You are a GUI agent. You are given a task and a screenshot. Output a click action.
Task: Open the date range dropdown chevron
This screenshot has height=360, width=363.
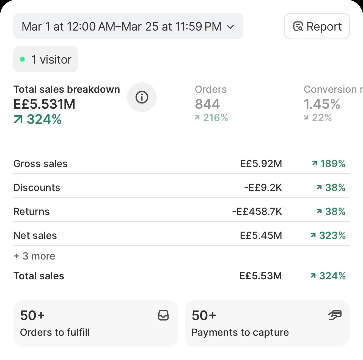click(x=230, y=27)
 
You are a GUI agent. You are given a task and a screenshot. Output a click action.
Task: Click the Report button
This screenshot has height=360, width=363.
click(x=317, y=26)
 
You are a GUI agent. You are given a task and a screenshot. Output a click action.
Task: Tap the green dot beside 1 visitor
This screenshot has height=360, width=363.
click(x=22, y=59)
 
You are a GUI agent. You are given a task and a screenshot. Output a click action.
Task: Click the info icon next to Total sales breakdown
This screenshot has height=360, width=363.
click(x=142, y=97)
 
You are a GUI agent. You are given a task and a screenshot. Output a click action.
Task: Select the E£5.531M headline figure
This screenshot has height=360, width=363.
click(x=44, y=104)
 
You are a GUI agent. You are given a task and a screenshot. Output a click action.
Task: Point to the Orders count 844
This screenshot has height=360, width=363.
click(x=207, y=104)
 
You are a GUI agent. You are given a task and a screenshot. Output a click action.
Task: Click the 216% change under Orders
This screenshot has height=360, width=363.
click(x=211, y=118)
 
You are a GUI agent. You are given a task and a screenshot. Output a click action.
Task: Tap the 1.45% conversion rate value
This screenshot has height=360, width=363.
click(x=322, y=104)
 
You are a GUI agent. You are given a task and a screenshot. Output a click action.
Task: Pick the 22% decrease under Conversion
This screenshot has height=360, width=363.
click(x=318, y=118)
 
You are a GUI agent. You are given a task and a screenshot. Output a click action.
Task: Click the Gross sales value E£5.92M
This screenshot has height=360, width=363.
click(x=261, y=163)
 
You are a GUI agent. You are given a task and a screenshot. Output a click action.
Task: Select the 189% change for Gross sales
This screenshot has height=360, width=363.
click(x=329, y=163)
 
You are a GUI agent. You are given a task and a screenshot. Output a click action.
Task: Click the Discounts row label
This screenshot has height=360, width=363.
click(x=37, y=187)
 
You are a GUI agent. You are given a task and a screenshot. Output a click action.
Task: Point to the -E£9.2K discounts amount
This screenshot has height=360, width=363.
click(x=263, y=187)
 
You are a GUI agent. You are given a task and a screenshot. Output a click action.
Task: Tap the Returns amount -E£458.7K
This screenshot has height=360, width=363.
click(x=257, y=211)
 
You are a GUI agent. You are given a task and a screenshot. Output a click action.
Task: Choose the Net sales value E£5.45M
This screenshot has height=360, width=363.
click(x=261, y=235)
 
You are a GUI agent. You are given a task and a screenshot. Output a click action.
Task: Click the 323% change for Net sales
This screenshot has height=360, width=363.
click(x=328, y=235)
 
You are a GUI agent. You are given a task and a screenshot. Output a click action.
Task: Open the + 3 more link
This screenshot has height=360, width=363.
click(x=34, y=256)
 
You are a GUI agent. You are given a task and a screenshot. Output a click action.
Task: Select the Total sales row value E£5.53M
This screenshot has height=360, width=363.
click(x=261, y=276)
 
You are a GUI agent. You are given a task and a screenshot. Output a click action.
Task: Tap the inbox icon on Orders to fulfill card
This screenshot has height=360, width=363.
click(x=163, y=315)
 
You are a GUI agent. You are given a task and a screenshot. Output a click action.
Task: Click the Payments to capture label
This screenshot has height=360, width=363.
click(x=240, y=332)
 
